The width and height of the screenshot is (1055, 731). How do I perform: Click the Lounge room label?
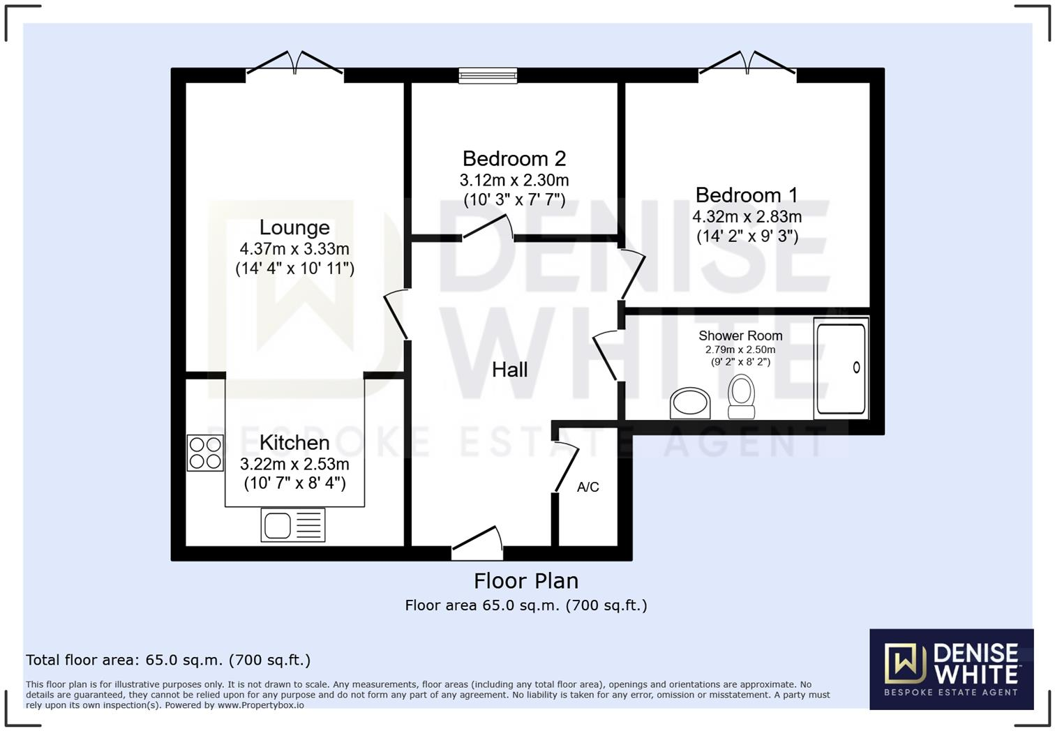pyautogui.click(x=294, y=227)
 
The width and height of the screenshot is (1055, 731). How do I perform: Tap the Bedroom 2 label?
pyautogui.click(x=514, y=159)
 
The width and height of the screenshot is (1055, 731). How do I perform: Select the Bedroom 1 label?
pyautogui.click(x=747, y=195)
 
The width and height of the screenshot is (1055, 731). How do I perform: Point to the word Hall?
pyautogui.click(x=509, y=370)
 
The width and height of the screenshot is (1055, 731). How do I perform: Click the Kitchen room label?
pyautogui.click(x=294, y=443)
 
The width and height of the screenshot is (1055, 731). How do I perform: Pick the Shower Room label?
pyautogui.click(x=740, y=336)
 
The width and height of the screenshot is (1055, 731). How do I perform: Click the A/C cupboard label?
pyautogui.click(x=588, y=487)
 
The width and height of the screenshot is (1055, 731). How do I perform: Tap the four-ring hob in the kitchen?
pyautogui.click(x=205, y=453)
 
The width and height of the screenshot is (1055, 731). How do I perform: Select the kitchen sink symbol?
pyautogui.click(x=293, y=525)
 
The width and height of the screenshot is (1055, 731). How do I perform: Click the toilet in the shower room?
pyautogui.click(x=741, y=396)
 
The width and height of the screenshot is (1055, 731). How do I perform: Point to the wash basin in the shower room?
pyautogui.click(x=690, y=403)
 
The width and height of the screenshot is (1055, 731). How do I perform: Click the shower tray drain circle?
pyautogui.click(x=856, y=368)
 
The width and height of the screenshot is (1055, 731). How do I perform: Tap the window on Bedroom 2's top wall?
pyautogui.click(x=488, y=75)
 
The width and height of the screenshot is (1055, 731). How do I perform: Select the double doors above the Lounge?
pyautogui.click(x=294, y=64)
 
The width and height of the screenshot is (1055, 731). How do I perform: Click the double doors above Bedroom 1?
pyautogui.click(x=747, y=64)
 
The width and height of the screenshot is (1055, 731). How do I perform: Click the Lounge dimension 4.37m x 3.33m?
pyautogui.click(x=294, y=249)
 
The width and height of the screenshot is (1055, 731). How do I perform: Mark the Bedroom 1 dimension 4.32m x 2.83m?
pyautogui.click(x=747, y=217)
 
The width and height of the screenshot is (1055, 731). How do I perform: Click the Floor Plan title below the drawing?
pyautogui.click(x=526, y=581)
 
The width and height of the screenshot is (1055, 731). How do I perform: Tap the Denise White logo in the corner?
pyautogui.click(x=951, y=669)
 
